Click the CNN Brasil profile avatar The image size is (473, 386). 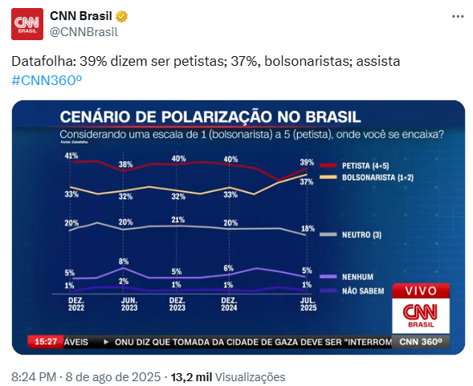pyautogui.click(x=28, y=25)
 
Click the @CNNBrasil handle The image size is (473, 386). pyautogui.click(x=84, y=32)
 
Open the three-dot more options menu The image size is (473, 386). pyautogui.click(x=457, y=17)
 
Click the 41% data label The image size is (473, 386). pyautogui.click(x=71, y=155)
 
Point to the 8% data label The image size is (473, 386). pyautogui.click(x=124, y=262)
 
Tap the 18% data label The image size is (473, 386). pyautogui.click(x=307, y=229)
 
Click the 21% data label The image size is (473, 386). pyautogui.click(x=178, y=220)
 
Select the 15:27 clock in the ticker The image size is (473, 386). pyautogui.click(x=46, y=341)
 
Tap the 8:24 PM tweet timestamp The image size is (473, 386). pyautogui.click(x=32, y=376)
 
